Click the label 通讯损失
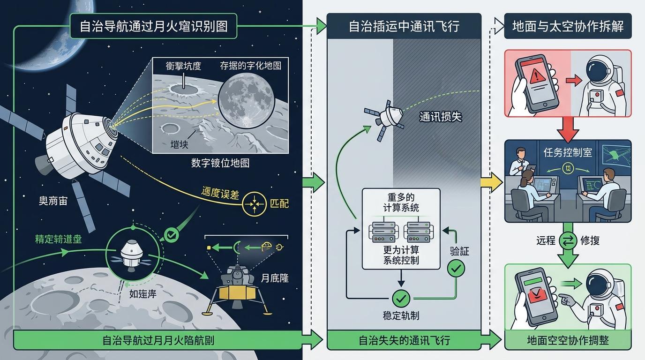tap(440, 116)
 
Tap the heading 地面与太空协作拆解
tap(568, 26)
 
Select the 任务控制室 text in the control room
tap(567, 153)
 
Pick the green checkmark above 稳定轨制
tap(401, 298)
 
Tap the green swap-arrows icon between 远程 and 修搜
tap(568, 240)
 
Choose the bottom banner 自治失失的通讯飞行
tap(404, 340)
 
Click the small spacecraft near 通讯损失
tap(386, 117)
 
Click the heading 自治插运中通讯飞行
tap(404, 26)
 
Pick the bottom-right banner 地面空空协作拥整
tap(568, 340)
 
